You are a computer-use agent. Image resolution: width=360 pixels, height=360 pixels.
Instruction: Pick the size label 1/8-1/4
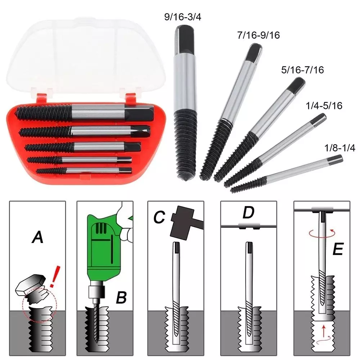click(x=334, y=148)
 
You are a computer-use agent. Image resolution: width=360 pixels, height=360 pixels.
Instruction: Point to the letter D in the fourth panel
click(x=248, y=213)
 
